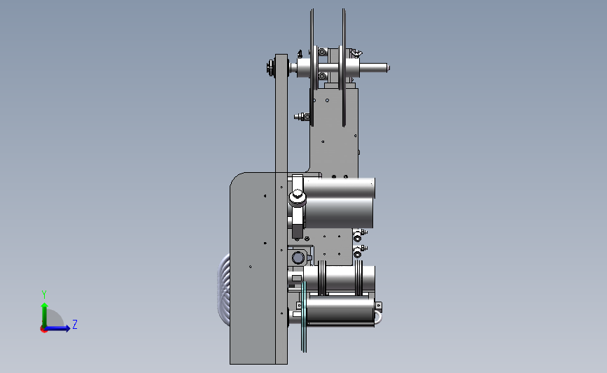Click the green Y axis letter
[44, 295]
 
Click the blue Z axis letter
[75, 324]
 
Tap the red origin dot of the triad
[43, 330]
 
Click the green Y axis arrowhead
[45, 306]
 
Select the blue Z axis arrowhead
[67, 328]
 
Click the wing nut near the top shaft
[356, 53]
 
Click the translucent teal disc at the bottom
[304, 316]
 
